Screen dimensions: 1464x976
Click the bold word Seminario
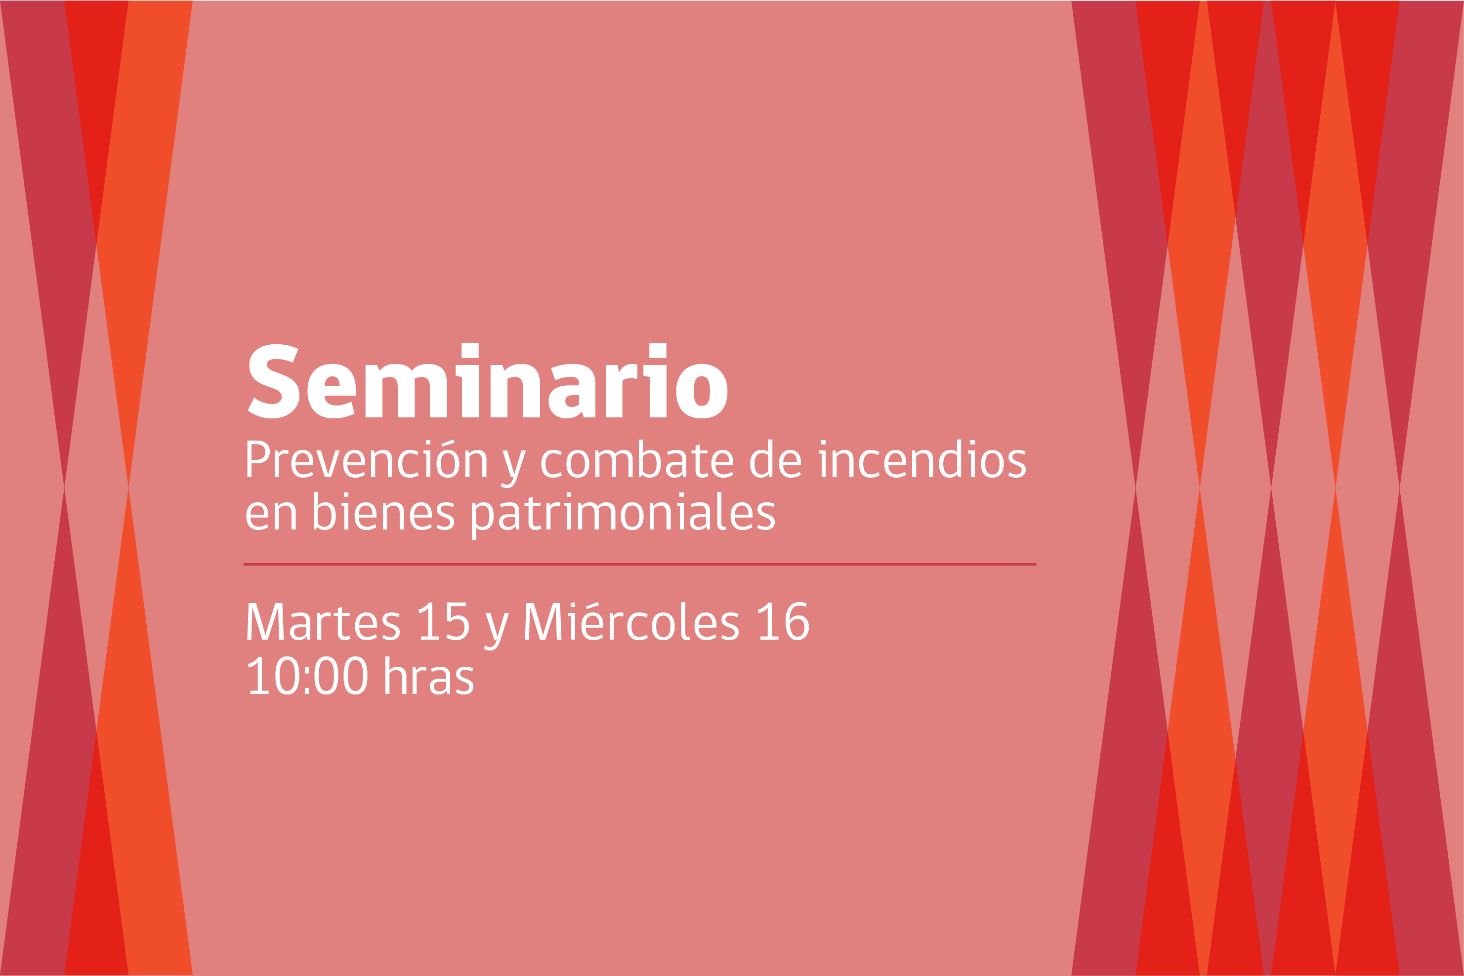pos(488,380)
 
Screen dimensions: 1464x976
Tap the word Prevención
pos(367,459)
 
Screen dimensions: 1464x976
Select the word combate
pos(637,459)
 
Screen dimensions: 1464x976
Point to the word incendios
pos(922,459)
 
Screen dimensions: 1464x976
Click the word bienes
pos(383,512)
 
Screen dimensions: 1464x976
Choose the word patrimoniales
pos(623,516)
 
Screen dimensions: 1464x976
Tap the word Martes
pos(323,621)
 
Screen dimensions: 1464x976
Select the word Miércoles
pos(631,621)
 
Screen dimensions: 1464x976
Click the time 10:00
pos(308,675)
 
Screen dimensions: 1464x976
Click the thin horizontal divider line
pos(639,565)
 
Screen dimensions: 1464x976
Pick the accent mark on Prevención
pos(448,443)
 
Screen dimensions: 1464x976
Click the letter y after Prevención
pos(514,469)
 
